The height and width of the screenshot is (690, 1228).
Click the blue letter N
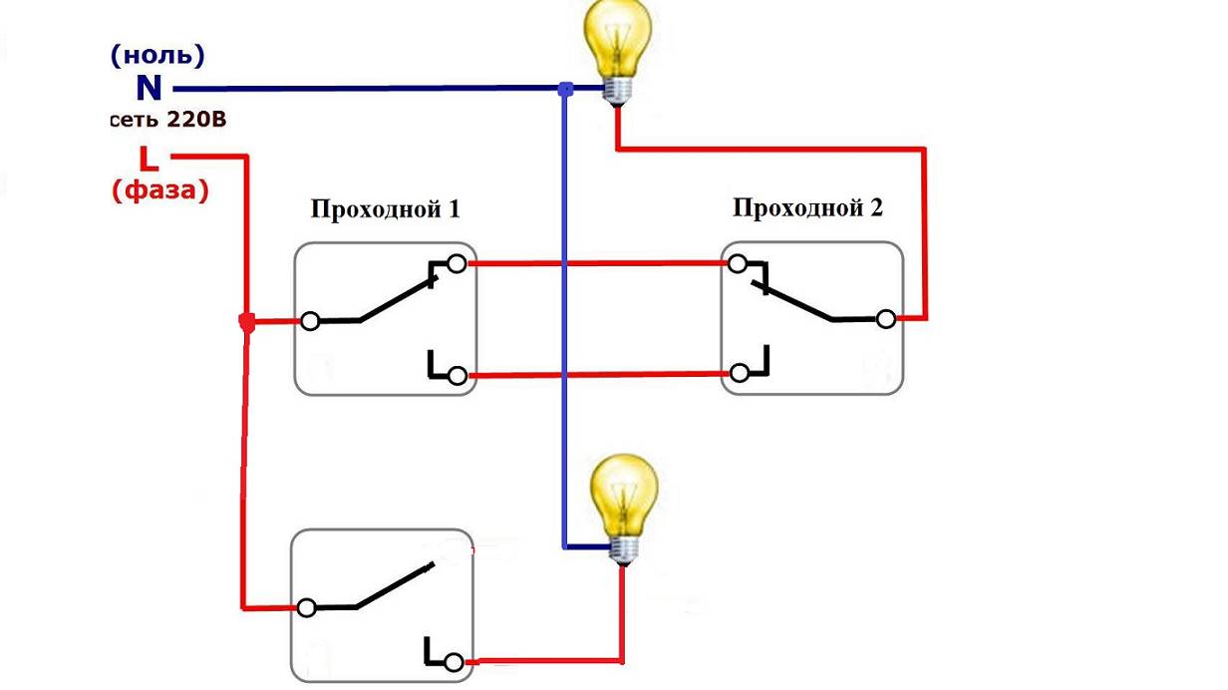149,89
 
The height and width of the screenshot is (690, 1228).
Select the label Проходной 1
386,210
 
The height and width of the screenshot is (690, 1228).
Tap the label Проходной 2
808,208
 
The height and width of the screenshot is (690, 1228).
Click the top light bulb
619,45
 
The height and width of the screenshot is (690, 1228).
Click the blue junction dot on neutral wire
565,90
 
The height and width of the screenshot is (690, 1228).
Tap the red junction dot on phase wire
247,322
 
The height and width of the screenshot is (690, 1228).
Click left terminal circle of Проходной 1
311,321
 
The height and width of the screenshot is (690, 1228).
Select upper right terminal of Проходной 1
457,264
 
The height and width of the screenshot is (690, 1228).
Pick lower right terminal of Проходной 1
457,376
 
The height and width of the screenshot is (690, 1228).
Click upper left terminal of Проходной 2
738,264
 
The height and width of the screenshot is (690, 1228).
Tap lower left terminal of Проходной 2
740,373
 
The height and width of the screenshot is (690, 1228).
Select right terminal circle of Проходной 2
885,319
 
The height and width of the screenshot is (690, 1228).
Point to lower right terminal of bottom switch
455,663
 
